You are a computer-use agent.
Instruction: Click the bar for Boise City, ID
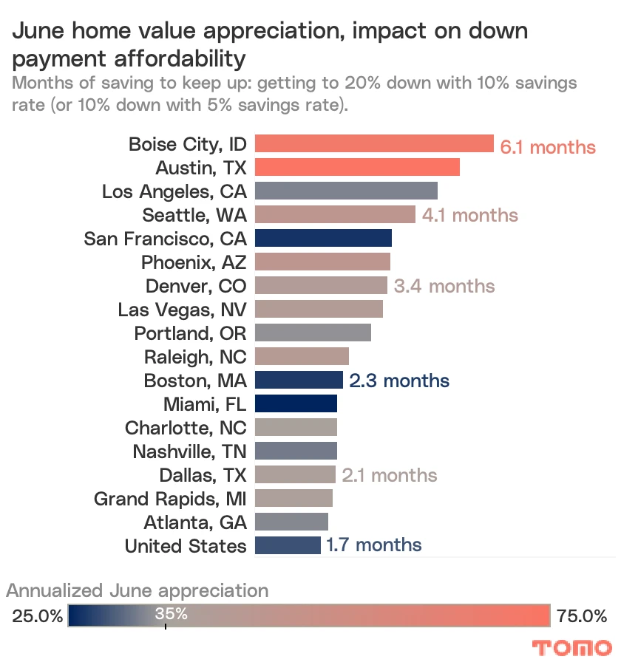pyautogui.click(x=374, y=143)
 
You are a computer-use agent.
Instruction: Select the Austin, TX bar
pyautogui.click(x=357, y=167)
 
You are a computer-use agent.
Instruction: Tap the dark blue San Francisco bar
pyautogui.click(x=323, y=238)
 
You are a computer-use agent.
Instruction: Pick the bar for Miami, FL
pyautogui.click(x=296, y=403)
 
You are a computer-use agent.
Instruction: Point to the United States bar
pyautogui.click(x=288, y=545)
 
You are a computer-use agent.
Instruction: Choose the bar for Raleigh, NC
pyautogui.click(x=302, y=356)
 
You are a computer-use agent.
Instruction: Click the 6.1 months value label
pyautogui.click(x=548, y=147)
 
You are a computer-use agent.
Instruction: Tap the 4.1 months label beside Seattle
pyautogui.click(x=470, y=215)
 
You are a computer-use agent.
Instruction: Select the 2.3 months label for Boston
pyautogui.click(x=399, y=381)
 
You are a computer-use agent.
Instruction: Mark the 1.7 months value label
pyautogui.click(x=374, y=545)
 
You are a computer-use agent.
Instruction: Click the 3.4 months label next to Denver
pyautogui.click(x=444, y=285)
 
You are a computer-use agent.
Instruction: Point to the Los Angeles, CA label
pyautogui.click(x=174, y=191)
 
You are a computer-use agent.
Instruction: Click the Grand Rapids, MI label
pyautogui.click(x=170, y=499)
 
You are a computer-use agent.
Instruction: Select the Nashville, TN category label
pyautogui.click(x=189, y=451)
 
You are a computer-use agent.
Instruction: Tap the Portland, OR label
pyautogui.click(x=190, y=333)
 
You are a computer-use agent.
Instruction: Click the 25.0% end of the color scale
pyautogui.click(x=37, y=615)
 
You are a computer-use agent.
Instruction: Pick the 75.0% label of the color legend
pyautogui.click(x=581, y=615)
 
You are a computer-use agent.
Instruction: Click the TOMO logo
pyautogui.click(x=572, y=648)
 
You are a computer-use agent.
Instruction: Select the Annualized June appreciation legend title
pyautogui.click(x=138, y=590)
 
